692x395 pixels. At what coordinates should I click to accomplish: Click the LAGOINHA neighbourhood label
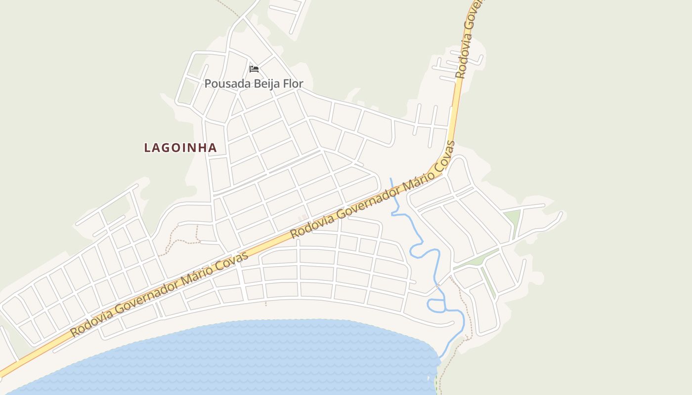point(180,148)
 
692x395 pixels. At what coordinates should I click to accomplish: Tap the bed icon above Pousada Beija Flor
point(254,69)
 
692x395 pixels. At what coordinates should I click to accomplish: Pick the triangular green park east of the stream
point(513,218)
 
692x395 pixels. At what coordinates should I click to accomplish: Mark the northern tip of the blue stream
point(391,179)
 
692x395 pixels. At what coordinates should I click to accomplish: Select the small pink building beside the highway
point(302,218)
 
